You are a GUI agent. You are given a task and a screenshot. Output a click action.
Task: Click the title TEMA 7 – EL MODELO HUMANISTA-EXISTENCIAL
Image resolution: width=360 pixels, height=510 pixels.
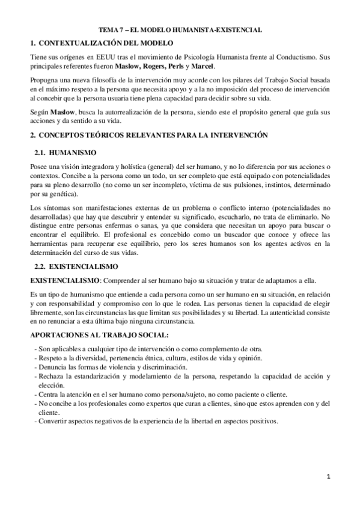click(x=180, y=29)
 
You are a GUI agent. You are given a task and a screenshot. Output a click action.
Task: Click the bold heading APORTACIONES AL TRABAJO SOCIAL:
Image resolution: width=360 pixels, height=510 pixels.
click(x=99, y=334)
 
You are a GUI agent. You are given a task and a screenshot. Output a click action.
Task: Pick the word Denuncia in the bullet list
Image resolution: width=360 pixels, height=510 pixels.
click(x=52, y=367)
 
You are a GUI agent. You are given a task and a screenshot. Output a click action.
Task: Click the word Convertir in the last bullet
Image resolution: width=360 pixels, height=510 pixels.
click(x=53, y=421)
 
